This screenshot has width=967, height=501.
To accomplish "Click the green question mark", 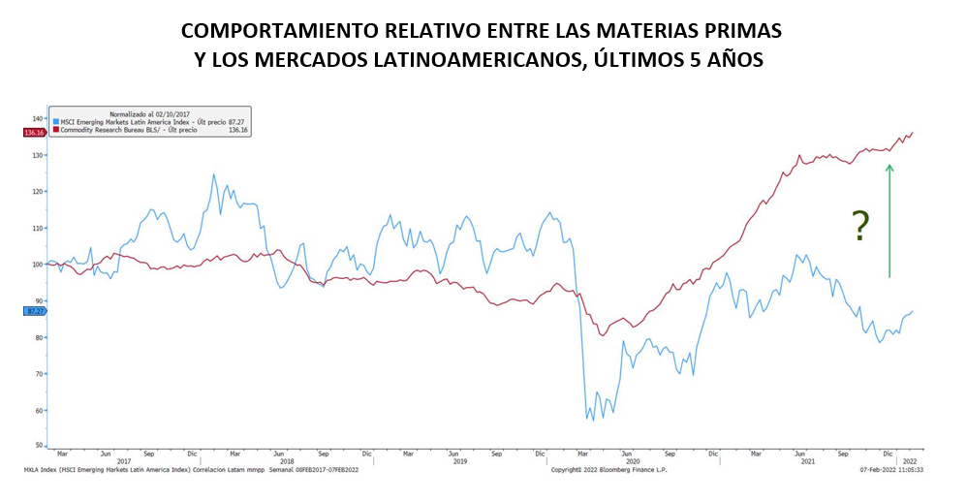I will (x=859, y=226).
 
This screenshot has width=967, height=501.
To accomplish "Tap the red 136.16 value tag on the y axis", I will (x=33, y=133).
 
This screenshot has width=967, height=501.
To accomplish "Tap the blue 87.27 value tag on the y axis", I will (x=33, y=311).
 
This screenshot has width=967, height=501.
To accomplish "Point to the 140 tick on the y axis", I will (x=38, y=118).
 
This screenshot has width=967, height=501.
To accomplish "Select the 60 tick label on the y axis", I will (x=39, y=410).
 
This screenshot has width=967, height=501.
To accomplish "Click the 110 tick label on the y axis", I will (x=38, y=228).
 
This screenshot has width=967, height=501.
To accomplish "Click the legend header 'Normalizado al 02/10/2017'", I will (x=150, y=112).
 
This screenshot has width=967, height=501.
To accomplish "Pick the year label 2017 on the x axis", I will (x=123, y=461).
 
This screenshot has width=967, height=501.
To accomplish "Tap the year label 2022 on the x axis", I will (x=909, y=461).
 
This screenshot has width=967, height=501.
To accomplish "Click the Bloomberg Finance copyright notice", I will (x=608, y=470).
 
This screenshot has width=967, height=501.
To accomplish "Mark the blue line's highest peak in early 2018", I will (x=214, y=174).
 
